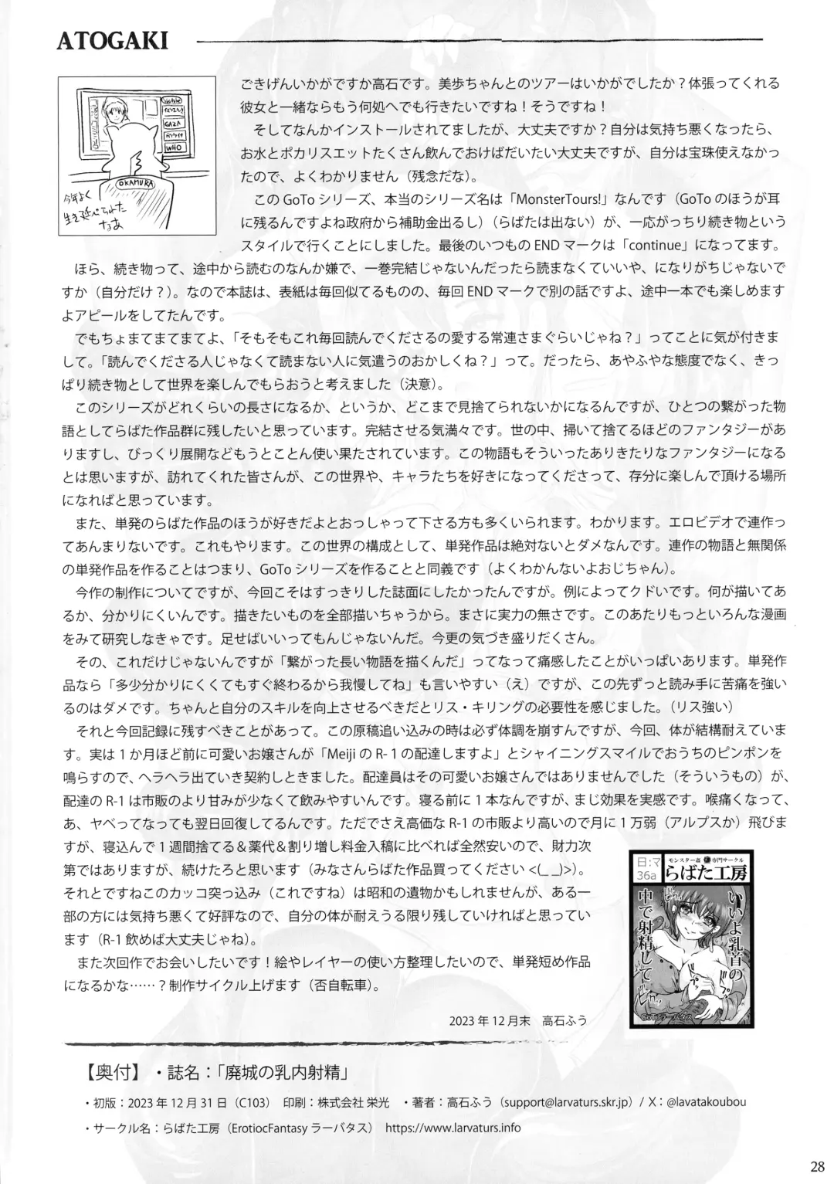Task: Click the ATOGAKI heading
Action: pyautogui.click(x=112, y=41)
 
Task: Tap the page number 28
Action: pyautogui.click(x=818, y=1166)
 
